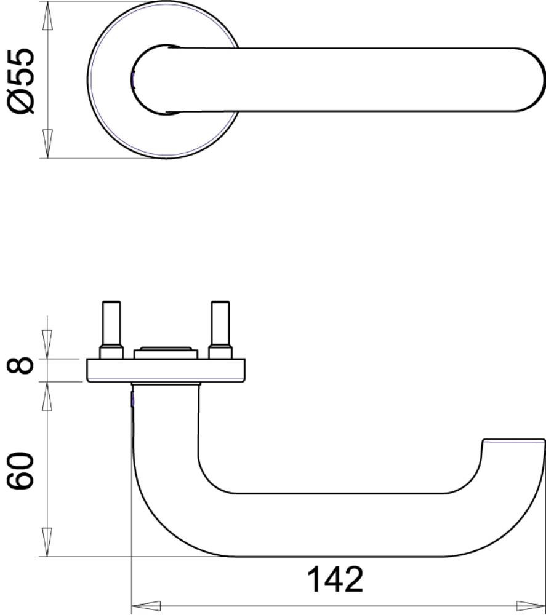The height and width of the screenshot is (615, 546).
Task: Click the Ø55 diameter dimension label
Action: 22,81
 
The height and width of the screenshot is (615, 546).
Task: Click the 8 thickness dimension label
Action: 20,365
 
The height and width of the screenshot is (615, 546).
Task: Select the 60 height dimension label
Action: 21,470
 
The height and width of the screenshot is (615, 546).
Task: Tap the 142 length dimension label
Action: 335,580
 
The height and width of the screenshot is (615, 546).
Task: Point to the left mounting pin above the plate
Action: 111,323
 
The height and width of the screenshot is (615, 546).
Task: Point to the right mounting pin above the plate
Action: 220,323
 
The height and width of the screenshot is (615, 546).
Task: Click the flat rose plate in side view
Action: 166,370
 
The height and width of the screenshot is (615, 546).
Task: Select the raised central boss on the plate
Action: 165,352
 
